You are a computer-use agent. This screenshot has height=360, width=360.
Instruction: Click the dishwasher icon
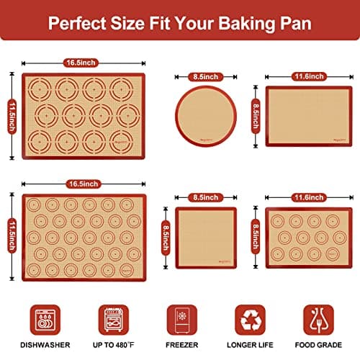[45, 318]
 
